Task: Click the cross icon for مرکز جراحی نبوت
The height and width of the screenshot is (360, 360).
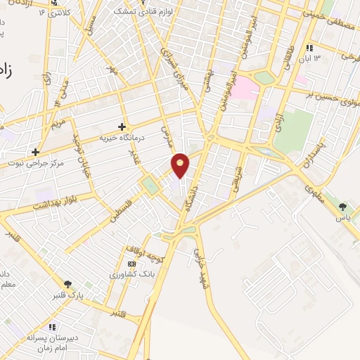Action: click(34, 151)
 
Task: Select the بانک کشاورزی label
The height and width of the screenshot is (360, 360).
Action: click(126, 274)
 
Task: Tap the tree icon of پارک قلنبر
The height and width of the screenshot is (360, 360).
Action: click(67, 283)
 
